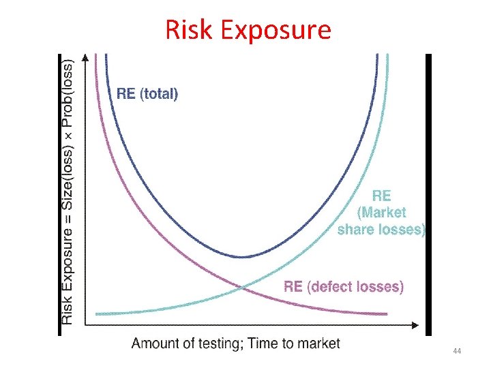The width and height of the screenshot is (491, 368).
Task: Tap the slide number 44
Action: (457, 350)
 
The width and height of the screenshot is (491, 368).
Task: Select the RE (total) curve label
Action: (147, 94)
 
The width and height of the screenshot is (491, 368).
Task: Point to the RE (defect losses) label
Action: (344, 287)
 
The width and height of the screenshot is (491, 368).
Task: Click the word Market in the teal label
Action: (382, 213)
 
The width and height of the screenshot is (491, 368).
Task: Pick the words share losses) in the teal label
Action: (381, 230)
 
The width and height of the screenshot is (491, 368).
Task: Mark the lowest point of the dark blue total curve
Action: (243, 257)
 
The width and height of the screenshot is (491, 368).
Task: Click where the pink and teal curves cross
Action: (243, 288)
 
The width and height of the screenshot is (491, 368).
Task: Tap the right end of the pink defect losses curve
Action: (386, 314)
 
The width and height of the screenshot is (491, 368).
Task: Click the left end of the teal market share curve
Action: (98, 314)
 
